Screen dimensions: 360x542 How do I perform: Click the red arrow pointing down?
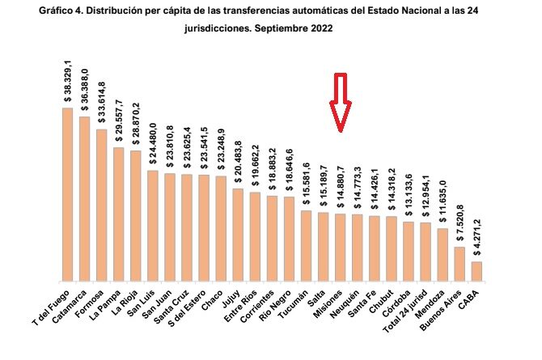341,102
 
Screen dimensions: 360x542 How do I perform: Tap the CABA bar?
476,269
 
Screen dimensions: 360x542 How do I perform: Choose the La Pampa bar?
118,212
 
